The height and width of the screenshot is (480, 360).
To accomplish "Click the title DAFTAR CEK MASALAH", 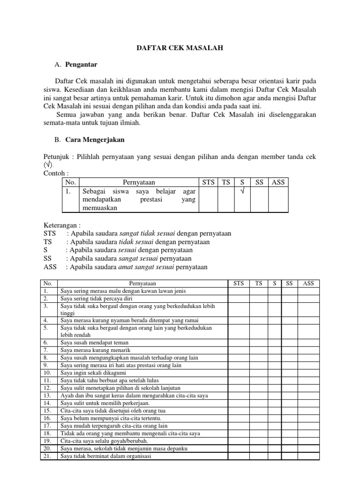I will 180,47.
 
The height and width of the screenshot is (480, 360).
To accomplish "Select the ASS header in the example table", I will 278,182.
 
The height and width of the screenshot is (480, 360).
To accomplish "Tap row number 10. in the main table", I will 47,373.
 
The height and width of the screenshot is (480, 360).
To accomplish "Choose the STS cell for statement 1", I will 239,291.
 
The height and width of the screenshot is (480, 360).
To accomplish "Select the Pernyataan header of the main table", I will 142,283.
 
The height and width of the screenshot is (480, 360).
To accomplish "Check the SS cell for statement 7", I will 289,350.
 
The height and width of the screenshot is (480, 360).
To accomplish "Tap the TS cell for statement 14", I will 258,403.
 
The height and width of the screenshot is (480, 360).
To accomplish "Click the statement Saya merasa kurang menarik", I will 95,350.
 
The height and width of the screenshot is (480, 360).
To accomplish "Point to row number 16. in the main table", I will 47,418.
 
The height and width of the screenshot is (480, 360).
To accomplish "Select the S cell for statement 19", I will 275,441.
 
